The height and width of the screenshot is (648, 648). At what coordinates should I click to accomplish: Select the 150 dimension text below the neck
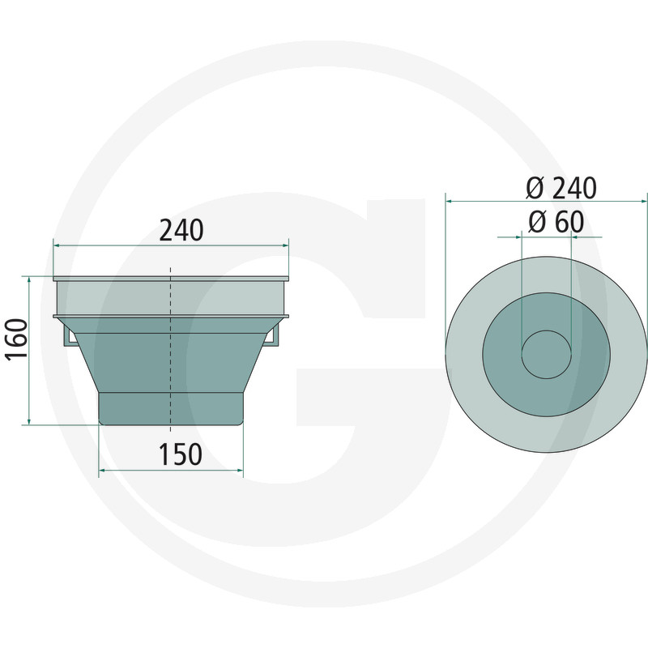(x=180, y=455)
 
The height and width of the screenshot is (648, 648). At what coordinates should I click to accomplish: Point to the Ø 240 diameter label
(x=561, y=188)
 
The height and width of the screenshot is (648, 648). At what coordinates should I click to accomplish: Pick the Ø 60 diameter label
(x=555, y=222)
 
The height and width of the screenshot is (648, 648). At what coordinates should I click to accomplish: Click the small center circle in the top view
(x=547, y=354)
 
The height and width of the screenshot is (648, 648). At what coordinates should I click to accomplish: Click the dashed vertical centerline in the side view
(x=171, y=364)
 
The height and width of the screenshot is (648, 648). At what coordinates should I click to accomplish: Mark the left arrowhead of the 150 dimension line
(x=101, y=469)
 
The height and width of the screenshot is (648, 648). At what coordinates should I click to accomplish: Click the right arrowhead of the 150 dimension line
(x=240, y=469)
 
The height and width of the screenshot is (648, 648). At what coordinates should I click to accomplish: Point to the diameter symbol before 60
(x=535, y=222)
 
